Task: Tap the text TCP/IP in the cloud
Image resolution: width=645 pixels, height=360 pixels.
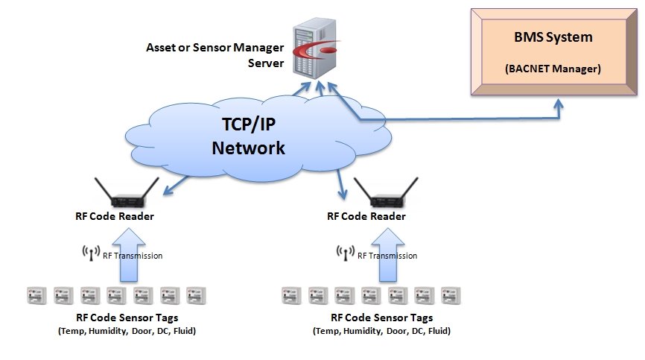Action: [248, 124]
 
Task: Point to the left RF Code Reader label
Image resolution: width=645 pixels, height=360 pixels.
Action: [115, 216]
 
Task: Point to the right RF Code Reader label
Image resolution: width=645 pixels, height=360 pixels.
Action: [366, 216]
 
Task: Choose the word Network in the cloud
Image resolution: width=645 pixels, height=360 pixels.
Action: [248, 148]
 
